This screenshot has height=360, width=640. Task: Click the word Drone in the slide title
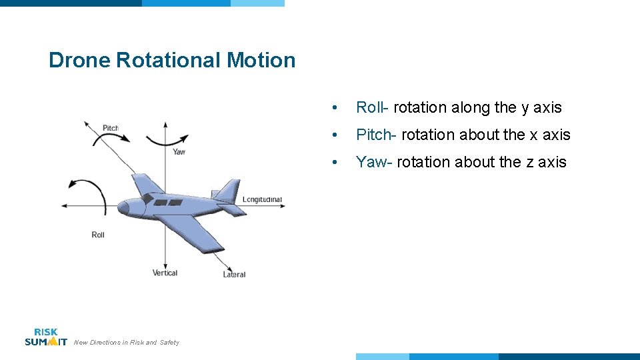[79, 61]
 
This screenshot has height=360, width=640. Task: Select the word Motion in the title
[261, 61]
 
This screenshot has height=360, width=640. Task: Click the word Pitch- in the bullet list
[377, 135]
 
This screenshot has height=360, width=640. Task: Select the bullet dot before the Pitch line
[340, 135]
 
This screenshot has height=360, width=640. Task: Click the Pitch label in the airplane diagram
[111, 128]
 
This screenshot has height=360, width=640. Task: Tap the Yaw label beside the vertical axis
[179, 151]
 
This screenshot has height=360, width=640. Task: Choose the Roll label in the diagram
[98, 235]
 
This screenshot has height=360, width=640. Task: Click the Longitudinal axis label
[262, 199]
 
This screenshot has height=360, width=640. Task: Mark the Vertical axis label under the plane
[165, 273]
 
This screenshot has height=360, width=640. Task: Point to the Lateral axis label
[234, 274]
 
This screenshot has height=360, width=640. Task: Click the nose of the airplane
[122, 207]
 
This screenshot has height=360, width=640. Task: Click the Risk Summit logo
[45, 337]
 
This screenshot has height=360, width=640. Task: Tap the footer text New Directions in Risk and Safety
[127, 343]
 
